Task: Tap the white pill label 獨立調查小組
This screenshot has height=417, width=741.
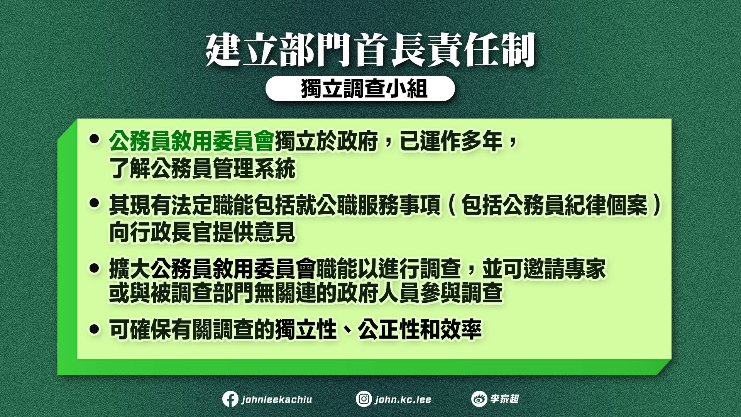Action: coord(360,88)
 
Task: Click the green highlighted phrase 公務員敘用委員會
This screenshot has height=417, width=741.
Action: coord(192,141)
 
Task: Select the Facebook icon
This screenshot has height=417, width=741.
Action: coord(230,399)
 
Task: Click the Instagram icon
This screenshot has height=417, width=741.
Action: coord(364,399)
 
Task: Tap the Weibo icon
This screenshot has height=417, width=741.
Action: coord(479,399)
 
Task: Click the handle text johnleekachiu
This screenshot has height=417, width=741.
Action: coord(277,399)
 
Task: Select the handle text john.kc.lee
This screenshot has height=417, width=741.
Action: coord(403,399)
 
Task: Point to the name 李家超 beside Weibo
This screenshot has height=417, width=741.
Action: coord(504,399)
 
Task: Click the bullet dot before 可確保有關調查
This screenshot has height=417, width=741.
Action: coord(94,329)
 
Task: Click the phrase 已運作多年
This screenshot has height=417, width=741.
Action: coord(451,141)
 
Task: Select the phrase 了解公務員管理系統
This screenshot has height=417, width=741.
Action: coord(202,168)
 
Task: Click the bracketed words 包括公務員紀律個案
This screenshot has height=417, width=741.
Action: coord(554,205)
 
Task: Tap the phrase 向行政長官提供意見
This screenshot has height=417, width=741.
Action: coord(202,232)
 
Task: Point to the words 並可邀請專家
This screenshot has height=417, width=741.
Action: coord(544,269)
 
